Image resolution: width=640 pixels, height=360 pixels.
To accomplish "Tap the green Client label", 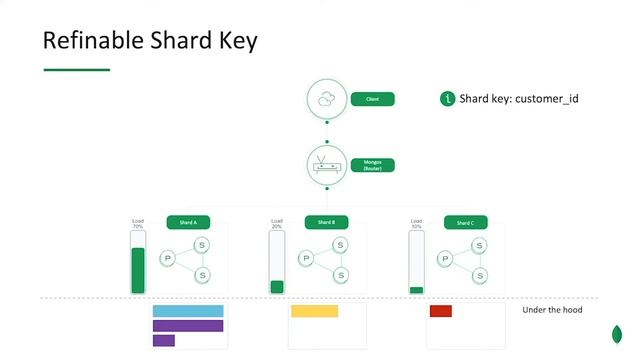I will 372,99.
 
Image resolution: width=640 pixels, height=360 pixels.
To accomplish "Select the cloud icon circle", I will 326,99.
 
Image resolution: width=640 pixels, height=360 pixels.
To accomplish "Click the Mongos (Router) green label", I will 372,165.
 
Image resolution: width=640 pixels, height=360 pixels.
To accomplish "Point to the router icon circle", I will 326,164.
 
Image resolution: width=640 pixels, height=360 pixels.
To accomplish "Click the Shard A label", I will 187,222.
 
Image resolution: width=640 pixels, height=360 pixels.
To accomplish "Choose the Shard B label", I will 326,222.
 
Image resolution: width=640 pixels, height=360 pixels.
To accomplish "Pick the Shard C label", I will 465,222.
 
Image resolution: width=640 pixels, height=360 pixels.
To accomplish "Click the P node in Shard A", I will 168,258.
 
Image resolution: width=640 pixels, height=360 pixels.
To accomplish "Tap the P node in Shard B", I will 307,258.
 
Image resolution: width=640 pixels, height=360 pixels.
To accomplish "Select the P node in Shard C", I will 446,258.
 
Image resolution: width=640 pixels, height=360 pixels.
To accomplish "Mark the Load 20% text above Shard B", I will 277,224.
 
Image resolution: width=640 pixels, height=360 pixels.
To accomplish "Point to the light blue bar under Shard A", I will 187,311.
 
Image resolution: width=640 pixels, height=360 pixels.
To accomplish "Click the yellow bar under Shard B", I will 314,311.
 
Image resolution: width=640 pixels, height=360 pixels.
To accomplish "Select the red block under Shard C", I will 441,311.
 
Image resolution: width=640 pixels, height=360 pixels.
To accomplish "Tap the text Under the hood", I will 552,310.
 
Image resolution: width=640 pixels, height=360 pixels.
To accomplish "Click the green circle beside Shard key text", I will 447,99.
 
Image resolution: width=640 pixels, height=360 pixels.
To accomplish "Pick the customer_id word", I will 547,99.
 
